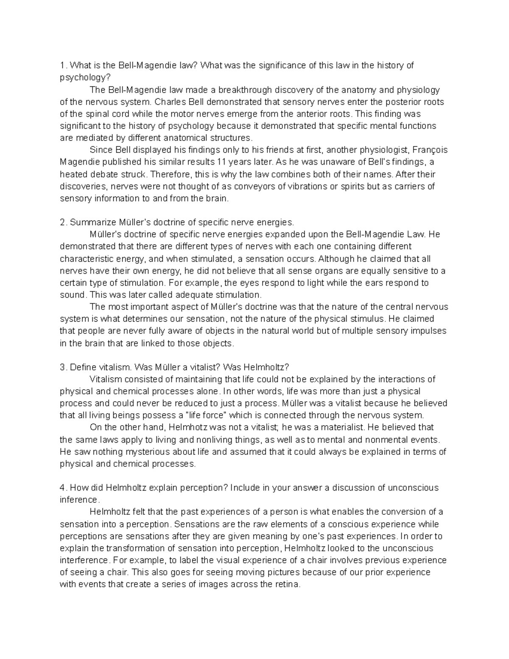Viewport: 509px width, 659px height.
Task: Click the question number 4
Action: [x=62, y=488]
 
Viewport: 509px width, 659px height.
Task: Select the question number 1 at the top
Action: [x=62, y=65]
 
